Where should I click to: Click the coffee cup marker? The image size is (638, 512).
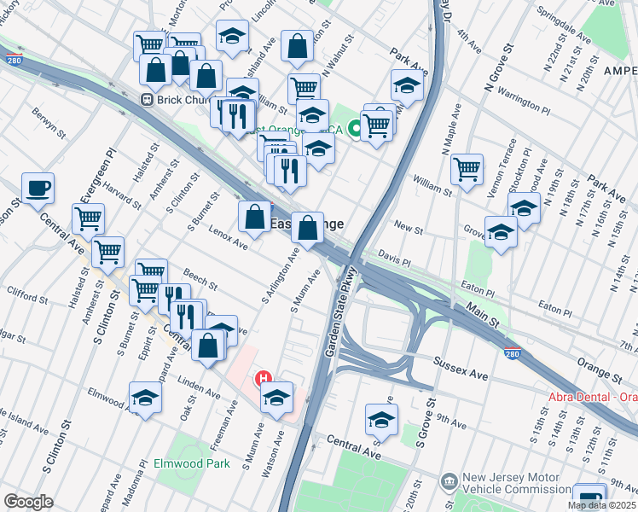(38, 188)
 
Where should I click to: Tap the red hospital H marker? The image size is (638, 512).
(264, 378)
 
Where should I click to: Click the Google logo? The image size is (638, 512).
(28, 501)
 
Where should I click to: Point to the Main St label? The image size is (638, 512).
(483, 313)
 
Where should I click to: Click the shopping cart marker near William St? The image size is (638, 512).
(467, 170)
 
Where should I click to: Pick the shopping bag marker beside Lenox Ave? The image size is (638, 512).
(254, 217)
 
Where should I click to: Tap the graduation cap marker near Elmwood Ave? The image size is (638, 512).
(145, 397)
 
